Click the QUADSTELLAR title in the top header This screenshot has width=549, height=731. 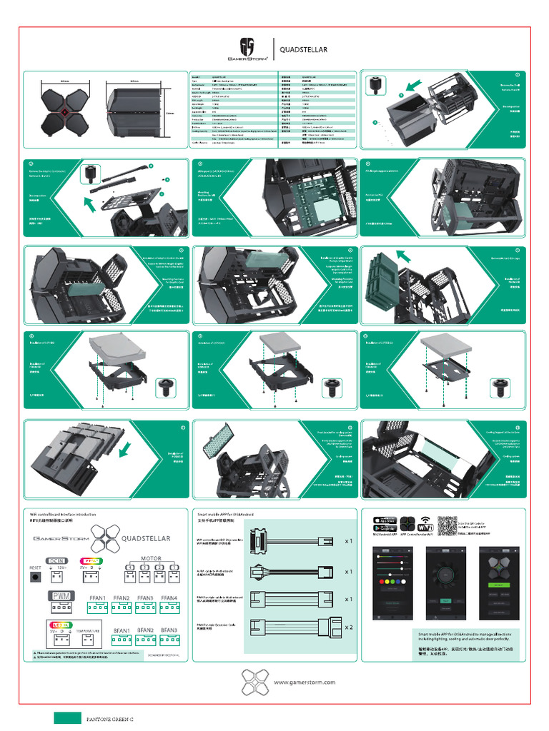(x=303, y=50)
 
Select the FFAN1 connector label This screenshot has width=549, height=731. (x=98, y=598)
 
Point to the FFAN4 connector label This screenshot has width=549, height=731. (x=169, y=598)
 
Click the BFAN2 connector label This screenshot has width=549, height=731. (x=146, y=630)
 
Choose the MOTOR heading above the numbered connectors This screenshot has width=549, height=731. (x=150, y=558)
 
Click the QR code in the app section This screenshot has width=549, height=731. (x=447, y=525)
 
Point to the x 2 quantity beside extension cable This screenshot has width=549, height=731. (x=349, y=626)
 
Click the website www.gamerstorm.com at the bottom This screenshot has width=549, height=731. (x=305, y=682)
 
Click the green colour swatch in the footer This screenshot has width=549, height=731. (x=67, y=718)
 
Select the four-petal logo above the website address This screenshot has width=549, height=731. (x=255, y=682)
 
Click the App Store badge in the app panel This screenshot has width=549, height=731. (x=382, y=519)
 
